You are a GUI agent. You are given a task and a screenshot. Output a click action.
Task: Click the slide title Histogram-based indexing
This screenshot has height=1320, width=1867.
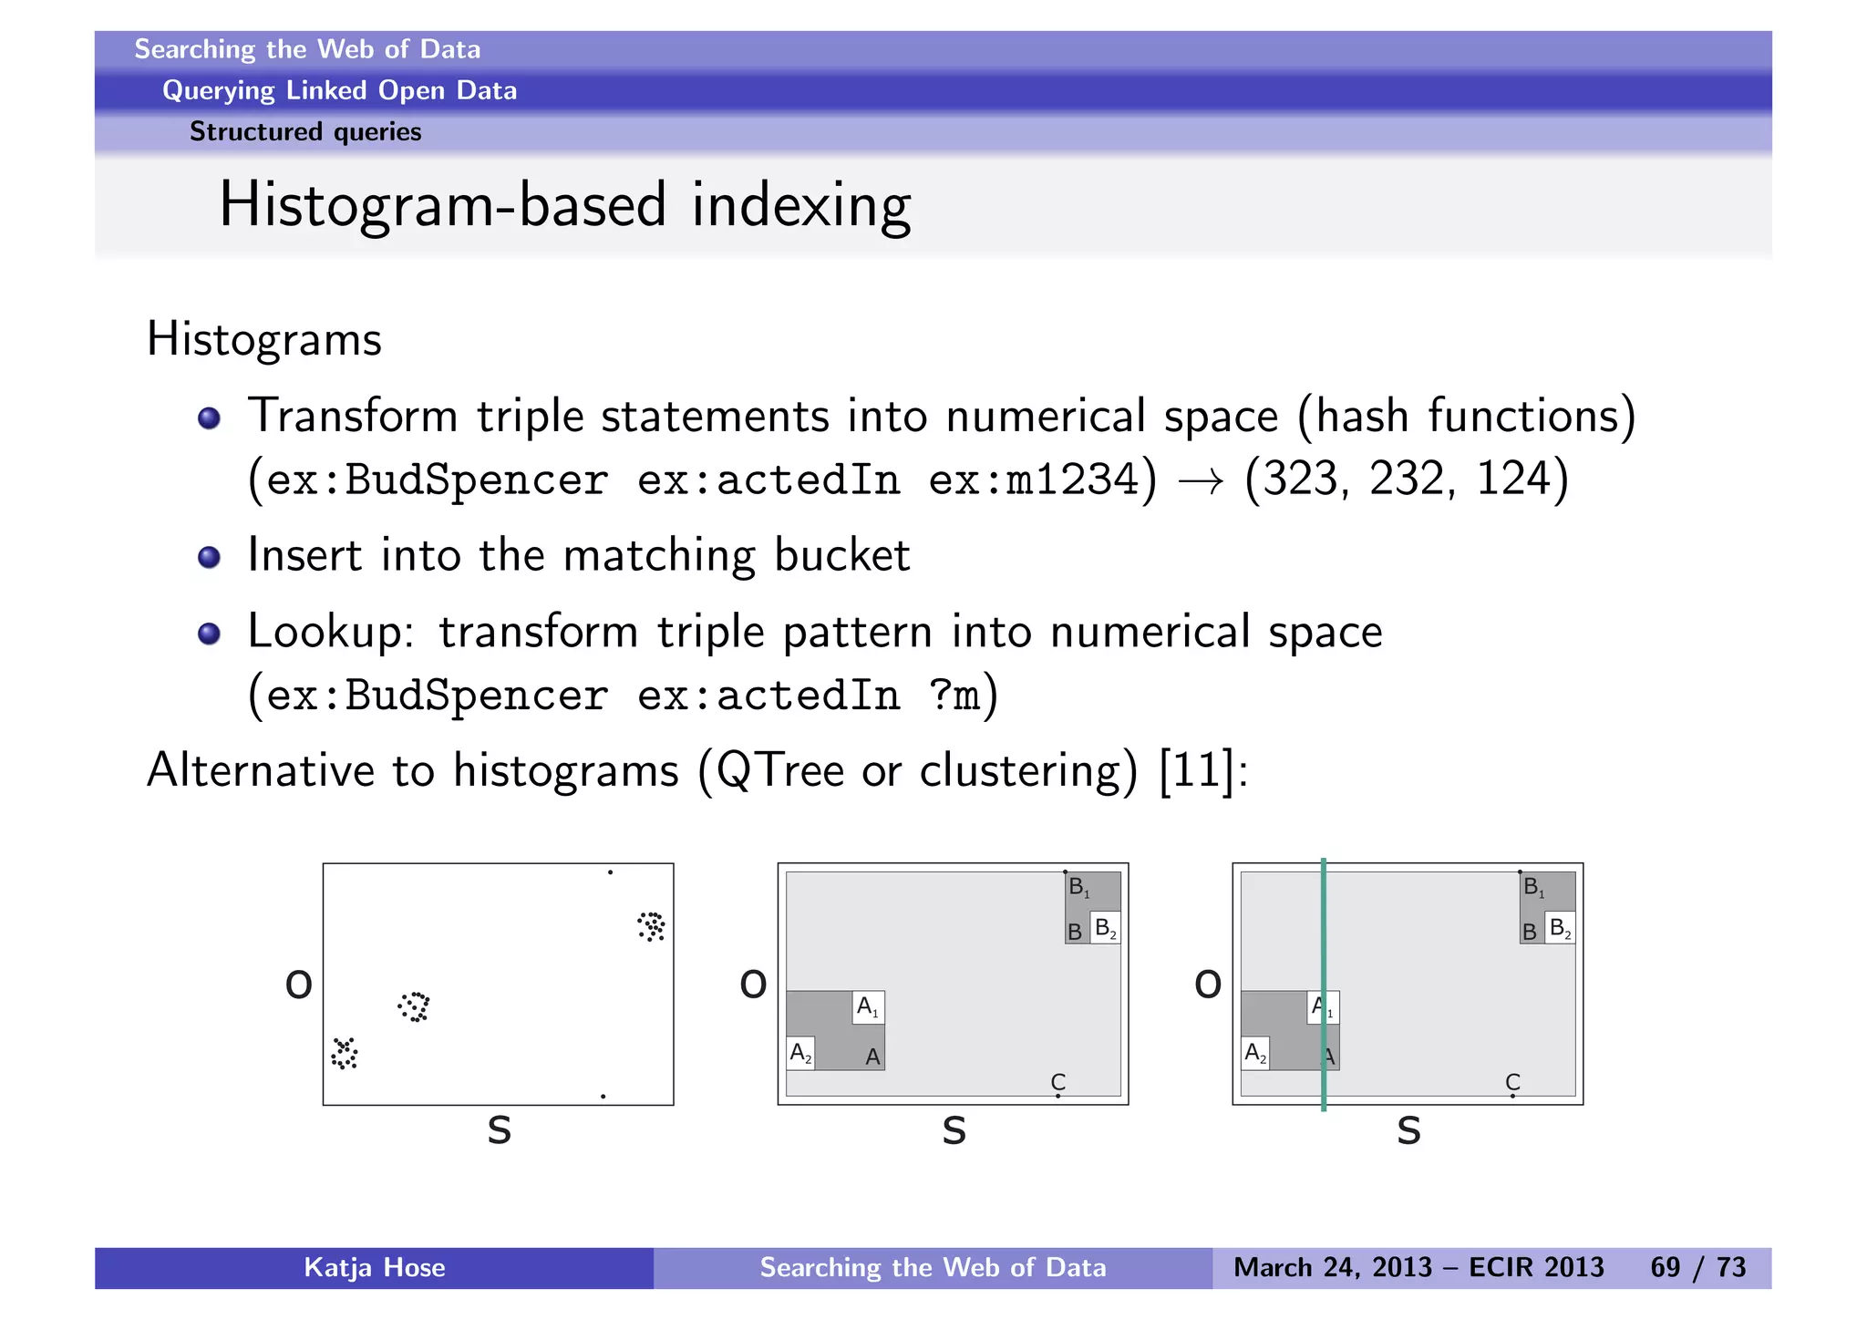click(x=564, y=206)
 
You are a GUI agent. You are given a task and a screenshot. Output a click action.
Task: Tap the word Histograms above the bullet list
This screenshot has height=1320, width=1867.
click(x=264, y=339)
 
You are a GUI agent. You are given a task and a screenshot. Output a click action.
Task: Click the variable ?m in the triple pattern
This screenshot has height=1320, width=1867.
click(x=954, y=696)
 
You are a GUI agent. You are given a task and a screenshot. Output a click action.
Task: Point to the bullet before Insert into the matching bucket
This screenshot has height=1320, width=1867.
click(x=209, y=556)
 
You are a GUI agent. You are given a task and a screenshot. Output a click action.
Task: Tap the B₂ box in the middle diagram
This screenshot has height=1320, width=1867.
click(x=1105, y=928)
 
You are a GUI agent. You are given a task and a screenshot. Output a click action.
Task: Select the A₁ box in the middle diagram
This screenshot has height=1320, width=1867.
click(x=867, y=1007)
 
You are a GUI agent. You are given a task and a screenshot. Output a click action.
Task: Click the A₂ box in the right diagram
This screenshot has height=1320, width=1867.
click(x=1255, y=1054)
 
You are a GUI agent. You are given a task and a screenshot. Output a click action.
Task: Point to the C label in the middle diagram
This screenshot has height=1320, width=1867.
click(x=1057, y=1082)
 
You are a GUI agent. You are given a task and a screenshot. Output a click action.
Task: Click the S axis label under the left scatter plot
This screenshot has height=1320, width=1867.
click(x=499, y=1131)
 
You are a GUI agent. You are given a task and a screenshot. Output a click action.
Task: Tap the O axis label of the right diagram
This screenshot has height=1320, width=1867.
click(x=1207, y=985)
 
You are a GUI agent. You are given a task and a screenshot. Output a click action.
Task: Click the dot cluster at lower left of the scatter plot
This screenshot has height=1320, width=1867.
click(x=345, y=1053)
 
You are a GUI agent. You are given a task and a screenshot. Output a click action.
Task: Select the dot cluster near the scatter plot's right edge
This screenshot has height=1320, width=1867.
click(x=651, y=926)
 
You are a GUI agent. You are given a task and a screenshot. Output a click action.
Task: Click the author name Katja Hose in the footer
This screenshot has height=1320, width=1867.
click(x=374, y=1267)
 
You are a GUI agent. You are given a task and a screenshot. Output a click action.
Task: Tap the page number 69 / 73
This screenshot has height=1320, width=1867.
click(x=1697, y=1267)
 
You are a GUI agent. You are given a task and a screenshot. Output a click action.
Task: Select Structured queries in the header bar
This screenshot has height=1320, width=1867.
click(x=305, y=132)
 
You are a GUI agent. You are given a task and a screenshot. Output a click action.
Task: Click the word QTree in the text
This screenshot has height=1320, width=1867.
click(x=780, y=770)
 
